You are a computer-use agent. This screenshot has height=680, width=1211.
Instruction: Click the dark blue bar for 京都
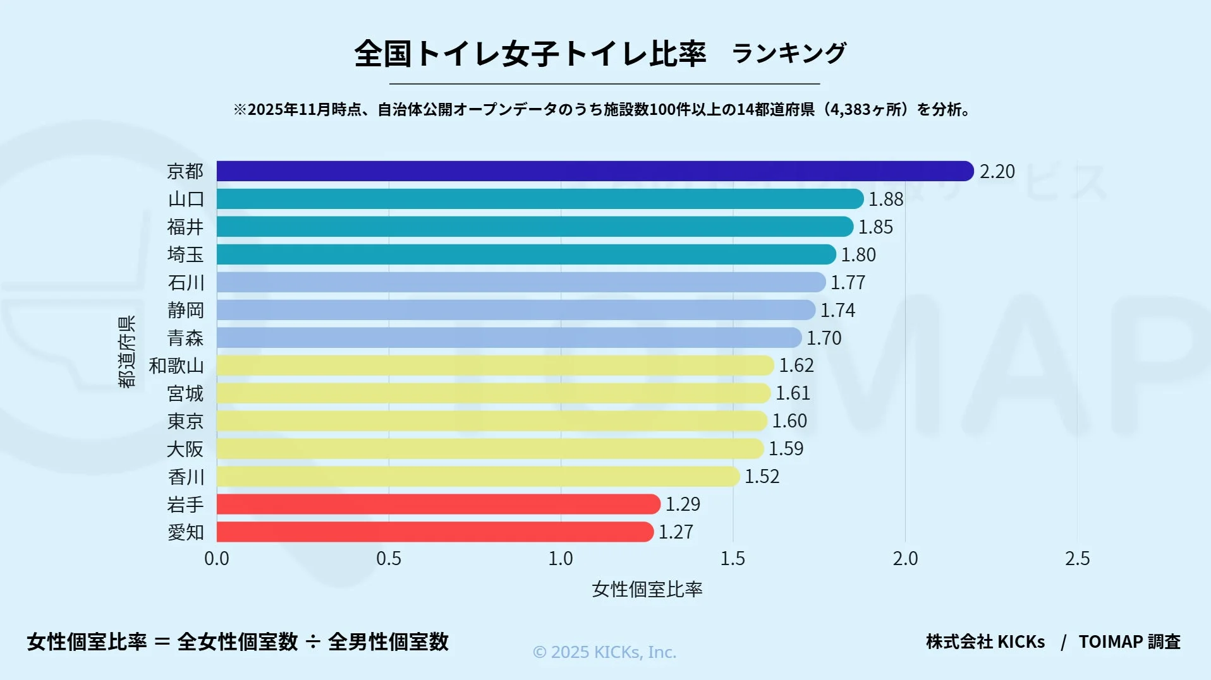click(x=594, y=171)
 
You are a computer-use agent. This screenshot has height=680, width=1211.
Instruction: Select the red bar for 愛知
click(x=435, y=532)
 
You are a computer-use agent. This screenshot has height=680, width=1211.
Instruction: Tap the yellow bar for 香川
click(x=478, y=476)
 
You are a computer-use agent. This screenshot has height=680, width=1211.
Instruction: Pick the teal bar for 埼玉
click(x=526, y=254)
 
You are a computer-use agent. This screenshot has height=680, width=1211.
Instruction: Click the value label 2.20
click(x=997, y=172)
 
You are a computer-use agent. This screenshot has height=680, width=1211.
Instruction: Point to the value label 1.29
click(x=683, y=504)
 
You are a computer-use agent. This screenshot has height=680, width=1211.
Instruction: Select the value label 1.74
click(x=837, y=310)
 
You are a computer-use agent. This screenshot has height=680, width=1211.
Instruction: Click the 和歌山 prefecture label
click(x=176, y=366)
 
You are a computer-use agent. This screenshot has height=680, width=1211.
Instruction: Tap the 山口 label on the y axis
click(x=186, y=199)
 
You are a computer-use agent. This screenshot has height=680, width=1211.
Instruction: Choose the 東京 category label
click(x=186, y=421)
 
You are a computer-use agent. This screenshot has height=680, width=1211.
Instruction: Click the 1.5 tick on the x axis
click(x=733, y=559)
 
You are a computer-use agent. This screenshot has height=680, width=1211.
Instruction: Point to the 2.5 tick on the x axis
click(x=1077, y=559)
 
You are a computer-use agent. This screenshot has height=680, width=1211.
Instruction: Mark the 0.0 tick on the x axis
click(x=217, y=559)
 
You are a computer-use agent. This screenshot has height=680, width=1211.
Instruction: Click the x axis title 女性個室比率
click(x=647, y=589)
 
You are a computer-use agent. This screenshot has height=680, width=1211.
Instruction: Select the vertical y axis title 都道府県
click(x=126, y=352)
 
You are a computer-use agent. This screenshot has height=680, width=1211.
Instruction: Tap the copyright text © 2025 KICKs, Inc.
click(x=604, y=652)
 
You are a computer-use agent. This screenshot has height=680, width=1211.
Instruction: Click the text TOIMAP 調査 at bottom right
click(x=1129, y=641)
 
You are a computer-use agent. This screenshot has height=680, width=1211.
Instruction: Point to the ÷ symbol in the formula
click(x=313, y=642)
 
